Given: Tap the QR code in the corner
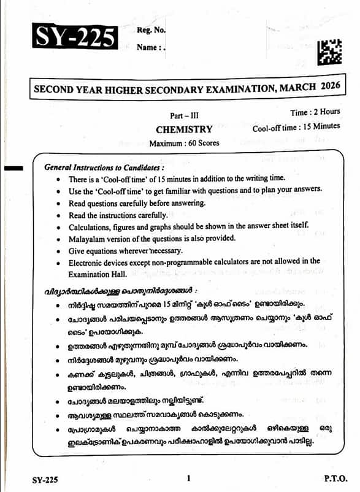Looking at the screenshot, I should tap(330, 52).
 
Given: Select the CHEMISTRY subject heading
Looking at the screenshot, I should tap(184, 129).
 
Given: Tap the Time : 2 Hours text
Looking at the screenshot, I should tap(315, 112).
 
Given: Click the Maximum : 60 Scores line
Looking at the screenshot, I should tap(184, 143).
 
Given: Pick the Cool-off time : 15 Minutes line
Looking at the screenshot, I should tap(296, 127).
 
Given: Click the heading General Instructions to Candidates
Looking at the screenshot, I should tap(104, 167).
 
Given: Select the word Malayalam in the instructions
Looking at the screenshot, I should tap(88, 237).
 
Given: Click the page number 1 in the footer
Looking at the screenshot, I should tap(189, 478).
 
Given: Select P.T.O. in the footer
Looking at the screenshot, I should tap(335, 478).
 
